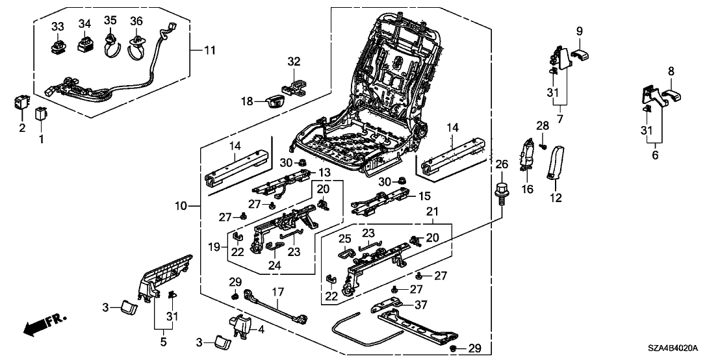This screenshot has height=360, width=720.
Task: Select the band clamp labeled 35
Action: [x=110, y=47]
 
